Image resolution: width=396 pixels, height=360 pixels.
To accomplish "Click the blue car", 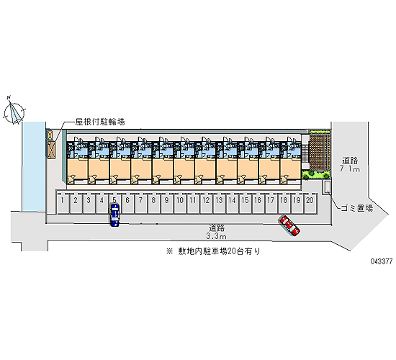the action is point(114,215).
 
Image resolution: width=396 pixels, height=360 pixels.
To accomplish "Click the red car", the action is point(289,225).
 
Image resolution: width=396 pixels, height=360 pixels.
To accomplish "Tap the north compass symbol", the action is point(14,112).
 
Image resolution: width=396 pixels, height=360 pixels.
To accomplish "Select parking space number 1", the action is point(62,203).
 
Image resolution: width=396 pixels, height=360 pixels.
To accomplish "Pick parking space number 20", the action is point(310,203).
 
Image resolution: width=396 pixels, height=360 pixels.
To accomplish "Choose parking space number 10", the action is point(179,203).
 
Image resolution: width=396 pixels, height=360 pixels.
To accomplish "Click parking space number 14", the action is point(232,203).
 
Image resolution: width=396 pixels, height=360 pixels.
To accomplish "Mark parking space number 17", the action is point(271,203).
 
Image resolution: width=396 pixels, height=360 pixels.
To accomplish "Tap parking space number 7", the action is point(140,203).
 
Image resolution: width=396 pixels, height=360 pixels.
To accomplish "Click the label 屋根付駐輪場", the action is point(100,122).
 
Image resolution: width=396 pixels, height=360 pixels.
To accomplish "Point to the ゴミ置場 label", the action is point(357,208).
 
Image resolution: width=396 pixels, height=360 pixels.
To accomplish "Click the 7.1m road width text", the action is point(350,169).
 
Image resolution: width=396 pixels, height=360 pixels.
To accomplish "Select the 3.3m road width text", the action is point(217,236).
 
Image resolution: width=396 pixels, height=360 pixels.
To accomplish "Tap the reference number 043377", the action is point(382,261).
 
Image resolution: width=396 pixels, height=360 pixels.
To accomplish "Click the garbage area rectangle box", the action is point(327,187).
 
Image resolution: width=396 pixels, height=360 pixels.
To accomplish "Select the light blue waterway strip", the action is point(34,166).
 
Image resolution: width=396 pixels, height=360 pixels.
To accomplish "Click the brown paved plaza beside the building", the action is point(320,151).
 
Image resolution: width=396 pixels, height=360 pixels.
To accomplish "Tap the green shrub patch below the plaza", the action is point(316,174).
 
